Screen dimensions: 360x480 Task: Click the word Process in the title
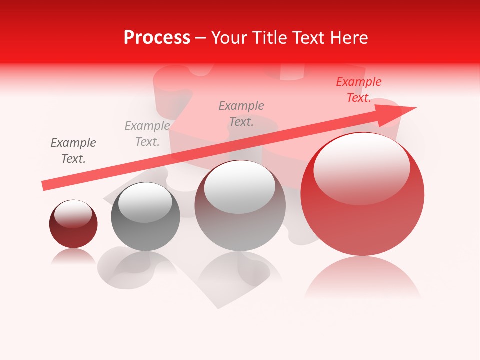pyautogui.click(x=157, y=38)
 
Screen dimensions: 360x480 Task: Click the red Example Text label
pyautogui.click(x=359, y=90)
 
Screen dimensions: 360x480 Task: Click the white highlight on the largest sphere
pyautogui.click(x=361, y=167)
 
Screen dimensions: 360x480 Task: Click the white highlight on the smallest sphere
pyautogui.click(x=73, y=214)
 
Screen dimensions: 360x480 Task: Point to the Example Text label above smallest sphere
pyautogui.click(x=73, y=151)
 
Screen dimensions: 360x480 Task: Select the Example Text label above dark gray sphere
pyautogui.click(x=147, y=134)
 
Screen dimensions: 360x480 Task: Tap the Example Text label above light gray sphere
pyautogui.click(x=241, y=114)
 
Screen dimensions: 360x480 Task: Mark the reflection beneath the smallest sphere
pyautogui.click(x=73, y=257)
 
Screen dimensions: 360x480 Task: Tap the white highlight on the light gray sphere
pyautogui.click(x=240, y=186)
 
